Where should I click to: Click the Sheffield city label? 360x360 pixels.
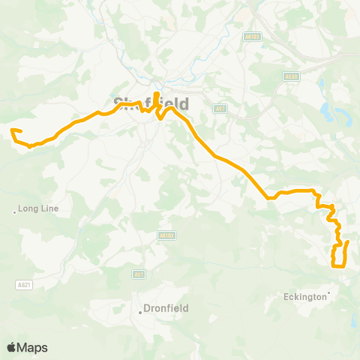pyautogui.click(x=150, y=103)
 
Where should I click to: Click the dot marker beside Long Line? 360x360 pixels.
pyautogui.click(x=15, y=212)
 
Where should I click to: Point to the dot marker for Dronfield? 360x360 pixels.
pyautogui.click(x=140, y=312)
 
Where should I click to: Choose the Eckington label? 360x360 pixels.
pyautogui.click(x=305, y=296)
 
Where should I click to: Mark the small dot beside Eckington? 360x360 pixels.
pyautogui.click(x=328, y=292)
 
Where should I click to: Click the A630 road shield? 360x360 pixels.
pyautogui.click(x=291, y=76)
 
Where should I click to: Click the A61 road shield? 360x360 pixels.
pyautogui.click(x=139, y=274)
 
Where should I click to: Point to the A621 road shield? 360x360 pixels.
pyautogui.click(x=25, y=284)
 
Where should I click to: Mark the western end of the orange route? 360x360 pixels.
pyautogui.click(x=12, y=131)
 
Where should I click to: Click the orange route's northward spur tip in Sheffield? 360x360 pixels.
pyautogui.click(x=156, y=93)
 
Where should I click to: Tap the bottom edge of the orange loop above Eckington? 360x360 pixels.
pyautogui.click(x=338, y=266)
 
